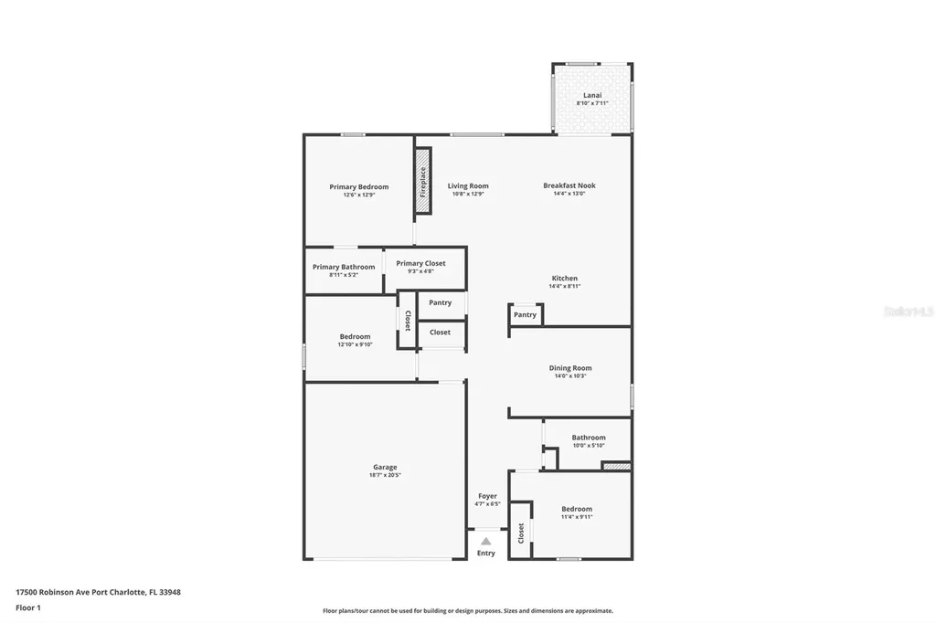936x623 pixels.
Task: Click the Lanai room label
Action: pos(591,95)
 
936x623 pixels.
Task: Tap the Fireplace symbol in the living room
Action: pos(422,182)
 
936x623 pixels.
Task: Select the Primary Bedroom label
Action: pos(358,186)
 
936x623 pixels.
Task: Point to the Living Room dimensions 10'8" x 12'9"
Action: pos(468,194)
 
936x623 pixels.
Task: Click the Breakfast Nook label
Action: pos(569,185)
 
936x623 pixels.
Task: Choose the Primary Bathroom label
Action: pos(344,267)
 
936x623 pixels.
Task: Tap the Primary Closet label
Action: pos(420,263)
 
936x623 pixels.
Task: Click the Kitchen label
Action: pos(564,278)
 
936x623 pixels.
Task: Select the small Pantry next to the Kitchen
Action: pos(525,315)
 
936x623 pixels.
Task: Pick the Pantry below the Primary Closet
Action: pos(440,302)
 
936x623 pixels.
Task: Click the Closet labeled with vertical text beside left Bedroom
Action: pos(407,320)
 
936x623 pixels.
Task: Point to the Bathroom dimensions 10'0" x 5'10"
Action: pos(589,446)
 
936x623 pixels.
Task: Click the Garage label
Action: pos(384,467)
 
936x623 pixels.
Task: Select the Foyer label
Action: pos(487,496)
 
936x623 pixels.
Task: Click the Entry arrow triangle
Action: pos(486,541)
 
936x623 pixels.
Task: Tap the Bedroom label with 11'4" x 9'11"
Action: pos(576,509)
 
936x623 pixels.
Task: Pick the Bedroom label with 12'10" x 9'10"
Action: pos(355,336)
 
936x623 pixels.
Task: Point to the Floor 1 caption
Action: pos(27,607)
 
